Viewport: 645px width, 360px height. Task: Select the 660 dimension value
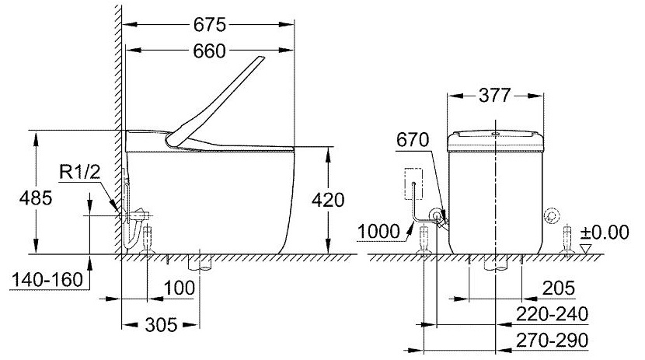click(207, 51)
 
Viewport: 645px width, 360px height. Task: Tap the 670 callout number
click(411, 140)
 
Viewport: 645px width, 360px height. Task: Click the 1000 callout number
click(381, 230)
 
